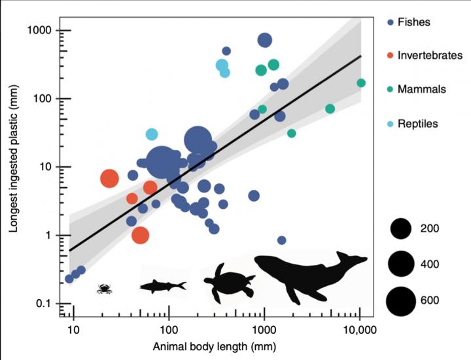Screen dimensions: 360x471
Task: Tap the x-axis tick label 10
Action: click(x=74, y=327)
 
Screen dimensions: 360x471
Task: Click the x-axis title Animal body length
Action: click(x=217, y=346)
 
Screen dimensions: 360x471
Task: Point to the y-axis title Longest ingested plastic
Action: click(x=14, y=167)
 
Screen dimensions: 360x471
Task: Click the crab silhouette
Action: click(x=103, y=288)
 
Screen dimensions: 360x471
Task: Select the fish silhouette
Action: click(x=163, y=286)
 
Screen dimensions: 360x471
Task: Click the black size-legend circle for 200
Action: click(x=400, y=228)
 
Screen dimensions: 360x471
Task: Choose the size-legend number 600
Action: click(x=430, y=300)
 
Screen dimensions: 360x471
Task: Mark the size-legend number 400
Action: click(x=430, y=264)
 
